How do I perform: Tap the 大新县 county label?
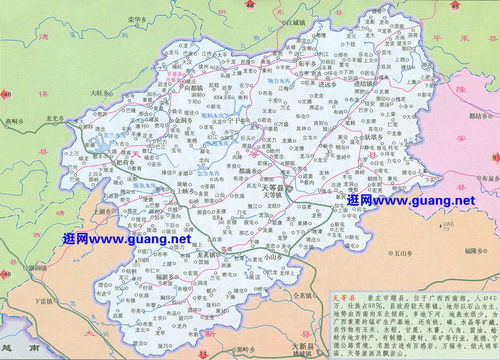[299, 346]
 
